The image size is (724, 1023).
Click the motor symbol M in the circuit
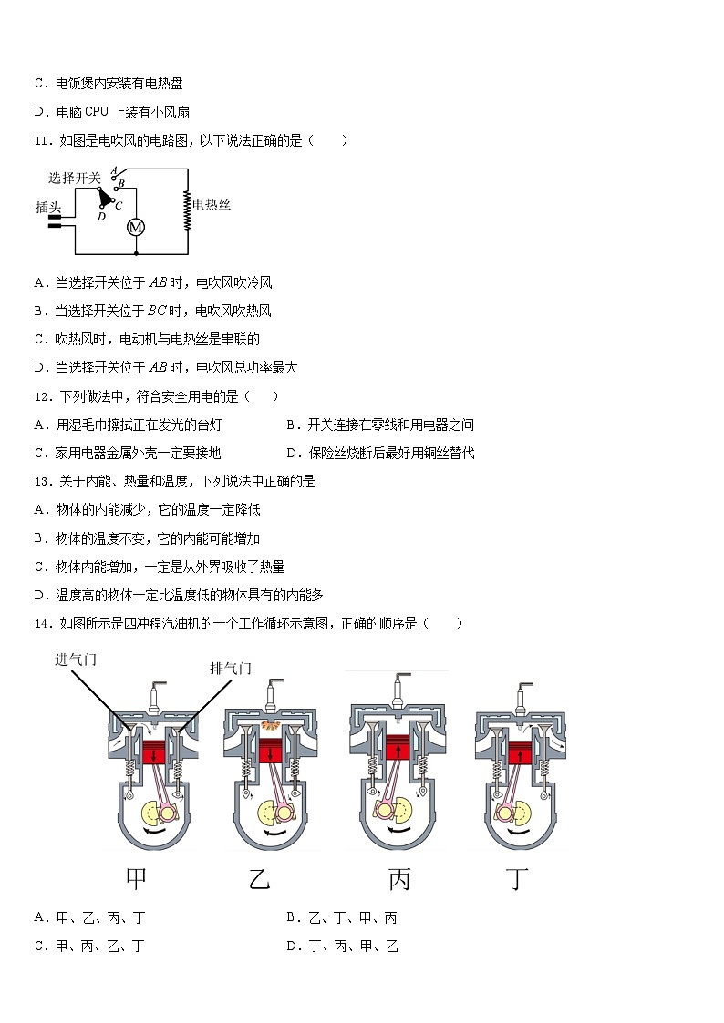point(136,227)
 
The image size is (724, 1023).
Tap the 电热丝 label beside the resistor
point(212,205)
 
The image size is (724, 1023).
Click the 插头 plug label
point(47,208)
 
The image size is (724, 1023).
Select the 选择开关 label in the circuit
point(74,179)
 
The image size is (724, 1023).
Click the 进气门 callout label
point(76,660)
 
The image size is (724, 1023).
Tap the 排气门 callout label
point(231,669)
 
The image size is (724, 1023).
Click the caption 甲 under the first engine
point(136,879)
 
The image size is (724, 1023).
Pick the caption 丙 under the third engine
point(399,879)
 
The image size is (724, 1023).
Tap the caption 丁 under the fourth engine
point(518,879)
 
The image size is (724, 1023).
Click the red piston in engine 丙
point(398,746)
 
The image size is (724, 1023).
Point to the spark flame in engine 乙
point(270,725)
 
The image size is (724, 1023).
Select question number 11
point(42,140)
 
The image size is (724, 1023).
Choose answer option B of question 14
point(341,917)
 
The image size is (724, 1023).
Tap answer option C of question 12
point(127,453)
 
